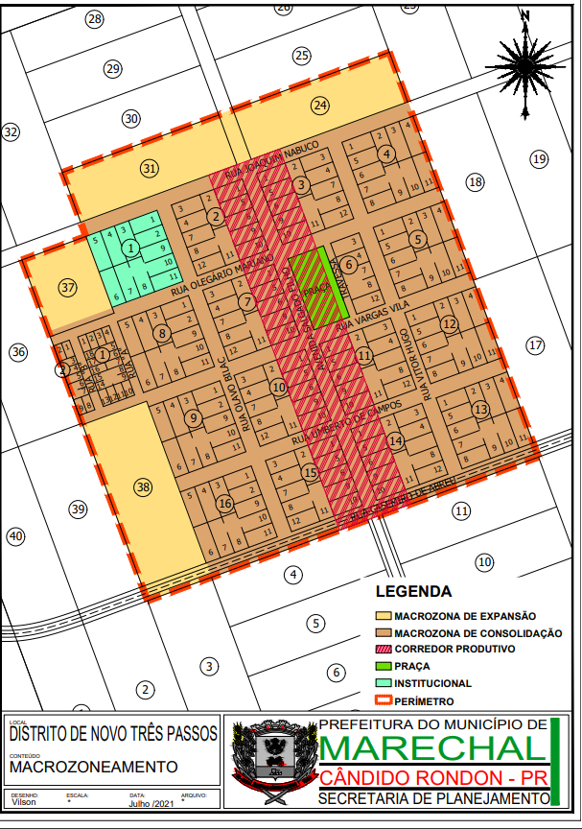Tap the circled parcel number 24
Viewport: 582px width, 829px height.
[x=320, y=106]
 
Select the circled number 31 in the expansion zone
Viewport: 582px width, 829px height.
[x=150, y=168]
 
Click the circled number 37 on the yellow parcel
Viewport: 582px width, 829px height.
[x=66, y=287]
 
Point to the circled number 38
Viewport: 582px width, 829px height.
[x=143, y=487]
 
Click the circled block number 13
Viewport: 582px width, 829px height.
[x=479, y=410]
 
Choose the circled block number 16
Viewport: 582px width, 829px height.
[x=225, y=504]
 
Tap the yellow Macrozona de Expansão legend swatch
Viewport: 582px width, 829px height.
[x=383, y=616]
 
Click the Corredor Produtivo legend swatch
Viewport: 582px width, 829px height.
[x=383, y=650]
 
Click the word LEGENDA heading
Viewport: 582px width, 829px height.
[x=413, y=591]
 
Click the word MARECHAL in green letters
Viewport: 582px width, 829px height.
[x=431, y=747]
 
